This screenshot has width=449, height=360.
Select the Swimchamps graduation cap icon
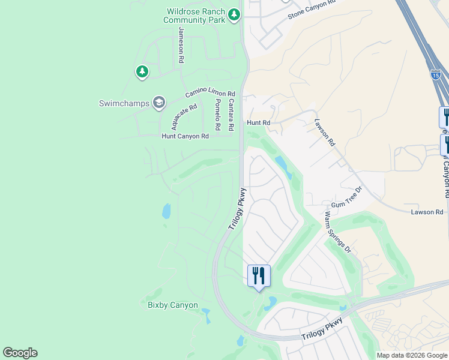coord(159,103)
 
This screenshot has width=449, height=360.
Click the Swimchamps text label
coord(124,103)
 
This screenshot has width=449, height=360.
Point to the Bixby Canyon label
coord(173,305)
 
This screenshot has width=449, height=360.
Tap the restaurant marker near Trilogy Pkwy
coord(259,276)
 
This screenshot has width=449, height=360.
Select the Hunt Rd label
coord(259,122)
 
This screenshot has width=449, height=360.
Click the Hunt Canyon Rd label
coord(185,136)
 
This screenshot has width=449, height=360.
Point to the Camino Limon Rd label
coord(210,94)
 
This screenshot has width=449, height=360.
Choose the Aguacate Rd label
coord(184,117)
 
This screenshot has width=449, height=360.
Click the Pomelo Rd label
coord(217,114)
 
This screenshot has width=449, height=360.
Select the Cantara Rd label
coord(231,115)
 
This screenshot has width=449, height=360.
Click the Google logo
coord(20,353)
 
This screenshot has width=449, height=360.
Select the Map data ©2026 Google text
coord(412,355)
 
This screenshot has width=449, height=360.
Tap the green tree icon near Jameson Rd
coord(142,73)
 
